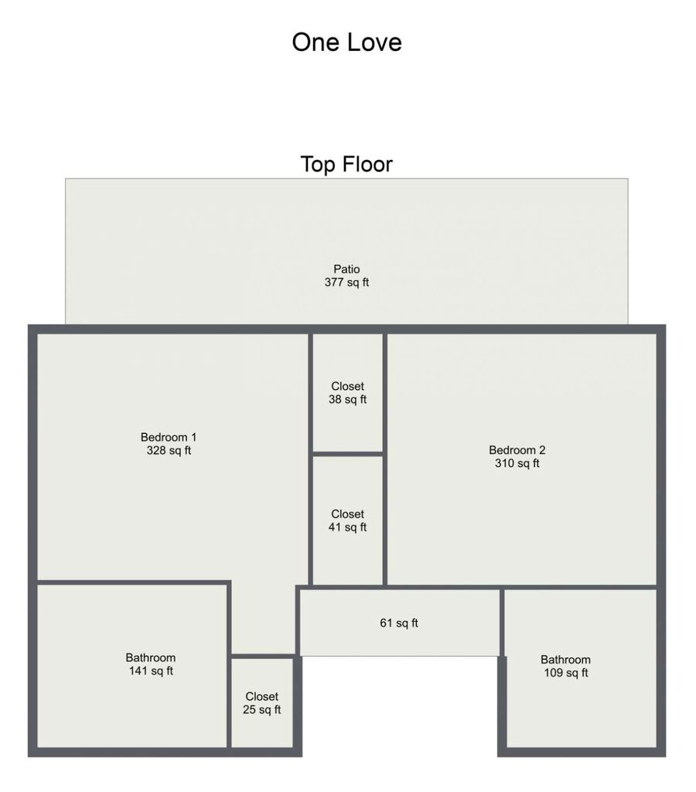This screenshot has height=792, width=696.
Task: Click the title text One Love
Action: [346, 42]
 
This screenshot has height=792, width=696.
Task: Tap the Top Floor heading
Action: [346, 164]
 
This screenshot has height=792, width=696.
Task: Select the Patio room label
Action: [346, 269]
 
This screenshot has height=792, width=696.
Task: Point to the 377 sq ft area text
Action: [346, 282]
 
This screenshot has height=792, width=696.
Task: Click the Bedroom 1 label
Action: [168, 438]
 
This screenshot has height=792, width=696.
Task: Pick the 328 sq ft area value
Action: [169, 451]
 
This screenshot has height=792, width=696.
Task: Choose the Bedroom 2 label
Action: [517, 450]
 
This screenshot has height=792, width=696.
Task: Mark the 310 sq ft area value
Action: [517, 463]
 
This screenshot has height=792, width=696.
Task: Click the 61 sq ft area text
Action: [399, 623]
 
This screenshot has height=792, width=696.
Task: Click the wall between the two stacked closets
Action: [347, 454]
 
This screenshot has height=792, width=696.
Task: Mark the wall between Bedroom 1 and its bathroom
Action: [133, 583]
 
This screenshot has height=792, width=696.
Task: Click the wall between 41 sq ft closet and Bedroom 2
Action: [385, 521]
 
